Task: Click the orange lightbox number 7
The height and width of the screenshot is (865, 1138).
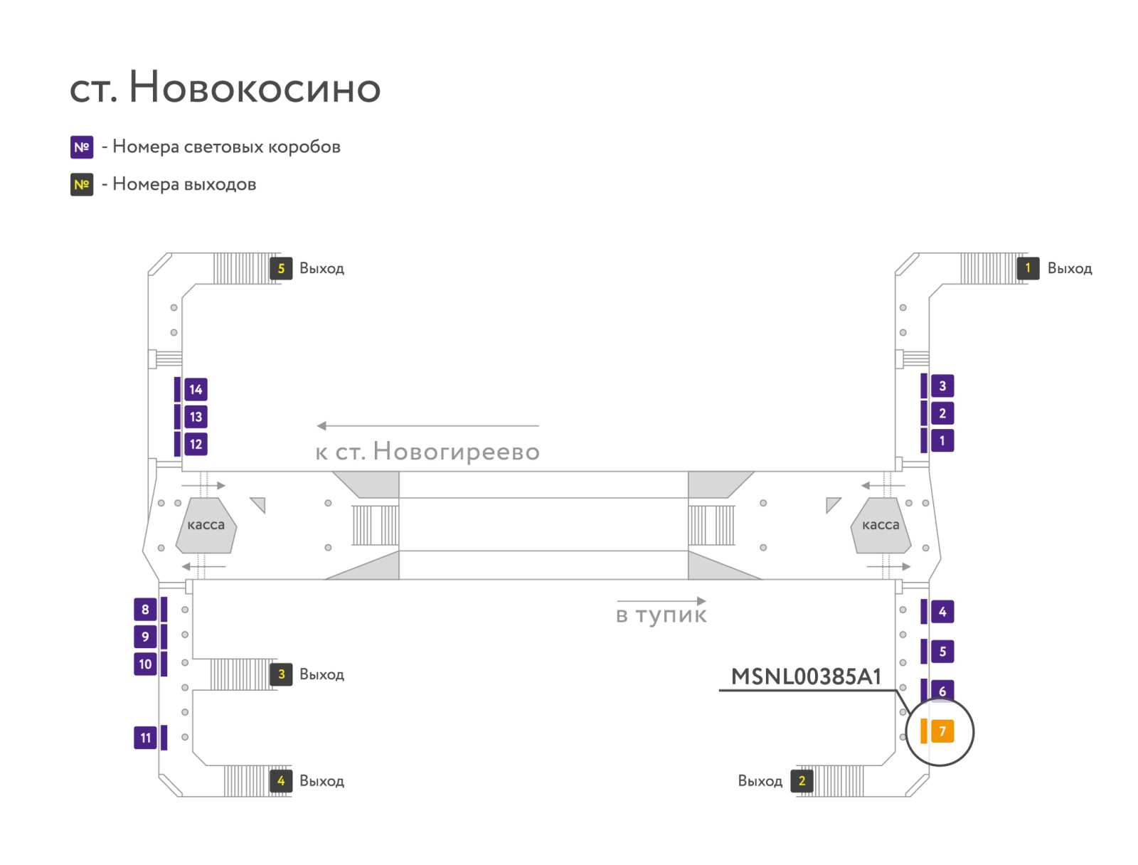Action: [x=942, y=731]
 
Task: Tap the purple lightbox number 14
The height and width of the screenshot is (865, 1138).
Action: [x=196, y=389]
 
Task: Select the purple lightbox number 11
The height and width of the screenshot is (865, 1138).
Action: [x=145, y=738]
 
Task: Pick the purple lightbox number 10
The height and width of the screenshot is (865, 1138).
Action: [x=145, y=664]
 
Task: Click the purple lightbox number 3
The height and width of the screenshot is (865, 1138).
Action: [x=942, y=386]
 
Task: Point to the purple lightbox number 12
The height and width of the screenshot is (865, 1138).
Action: [x=196, y=444]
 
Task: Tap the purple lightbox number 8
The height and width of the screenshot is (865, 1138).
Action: [x=145, y=610]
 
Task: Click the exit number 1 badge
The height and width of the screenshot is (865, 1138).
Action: [x=1028, y=268]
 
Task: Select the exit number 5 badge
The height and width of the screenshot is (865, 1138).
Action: [x=281, y=268]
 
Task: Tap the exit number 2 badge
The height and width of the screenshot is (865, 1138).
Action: [x=802, y=781]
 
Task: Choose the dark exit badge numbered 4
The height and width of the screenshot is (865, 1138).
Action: [x=281, y=781]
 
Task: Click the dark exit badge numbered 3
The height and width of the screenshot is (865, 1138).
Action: [x=281, y=674]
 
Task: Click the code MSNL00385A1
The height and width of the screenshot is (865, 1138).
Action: [x=806, y=676]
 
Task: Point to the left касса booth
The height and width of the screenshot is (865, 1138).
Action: [x=206, y=525]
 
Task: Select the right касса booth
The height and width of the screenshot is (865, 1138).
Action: [x=881, y=525]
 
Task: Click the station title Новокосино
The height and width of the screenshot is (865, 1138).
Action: [x=255, y=87]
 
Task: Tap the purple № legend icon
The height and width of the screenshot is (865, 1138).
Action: [x=82, y=147]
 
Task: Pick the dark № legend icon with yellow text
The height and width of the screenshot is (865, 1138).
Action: [x=82, y=184]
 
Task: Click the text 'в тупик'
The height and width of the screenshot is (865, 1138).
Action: [x=661, y=615]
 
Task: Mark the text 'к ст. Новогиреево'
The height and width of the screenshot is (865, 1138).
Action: [x=427, y=452]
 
